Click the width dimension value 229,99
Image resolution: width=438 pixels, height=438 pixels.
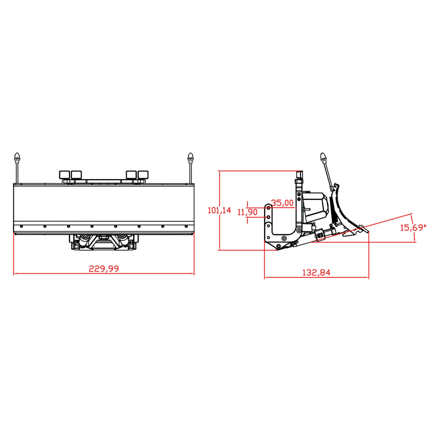pos(104,269)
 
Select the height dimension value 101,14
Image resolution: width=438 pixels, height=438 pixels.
pos(219,210)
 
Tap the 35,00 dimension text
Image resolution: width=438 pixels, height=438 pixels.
pos(282,203)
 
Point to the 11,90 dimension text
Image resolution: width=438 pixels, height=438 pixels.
pos(247,212)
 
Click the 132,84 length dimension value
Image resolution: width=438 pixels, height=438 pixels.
pos(316,272)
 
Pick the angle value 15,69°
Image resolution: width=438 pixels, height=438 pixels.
pos(413,228)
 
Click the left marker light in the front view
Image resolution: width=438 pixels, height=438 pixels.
pos(17,157)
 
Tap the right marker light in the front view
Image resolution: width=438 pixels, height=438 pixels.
pos(190,157)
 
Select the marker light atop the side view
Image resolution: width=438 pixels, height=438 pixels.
pos(323,157)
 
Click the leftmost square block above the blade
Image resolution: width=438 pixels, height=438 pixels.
pos(65,175)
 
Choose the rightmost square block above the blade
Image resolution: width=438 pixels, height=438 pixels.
pos(143,175)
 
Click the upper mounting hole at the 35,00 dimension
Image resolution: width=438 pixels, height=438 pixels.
pos(268,207)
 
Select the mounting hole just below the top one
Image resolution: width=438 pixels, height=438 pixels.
pos(268,217)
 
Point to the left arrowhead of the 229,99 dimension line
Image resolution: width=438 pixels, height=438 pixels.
pos(15,274)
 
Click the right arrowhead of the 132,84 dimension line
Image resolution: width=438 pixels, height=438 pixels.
pos(368,277)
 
